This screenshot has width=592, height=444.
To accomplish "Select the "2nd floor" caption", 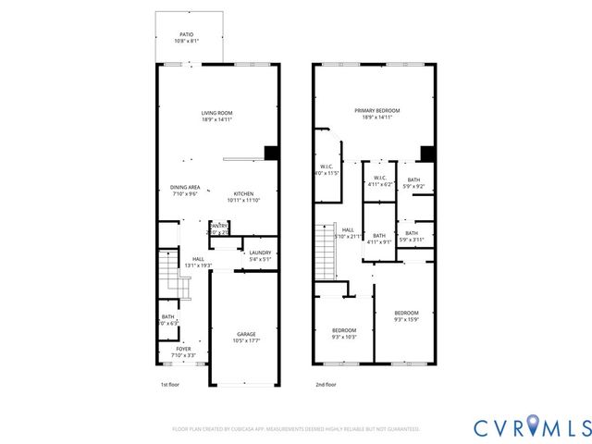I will click(325, 384).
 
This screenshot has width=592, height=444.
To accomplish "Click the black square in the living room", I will click(271, 154).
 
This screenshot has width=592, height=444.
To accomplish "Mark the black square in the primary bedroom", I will click(427, 154).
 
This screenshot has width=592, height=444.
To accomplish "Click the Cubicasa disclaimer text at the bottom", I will click(296, 429).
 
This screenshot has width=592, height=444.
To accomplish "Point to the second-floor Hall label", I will click(348, 232).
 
